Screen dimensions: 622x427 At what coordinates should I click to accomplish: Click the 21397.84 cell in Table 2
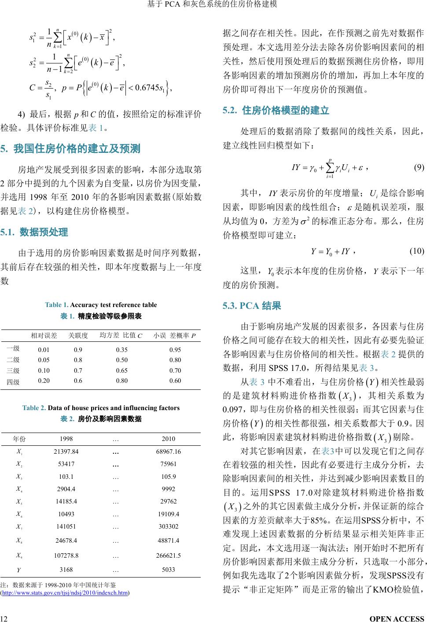tap(66, 452)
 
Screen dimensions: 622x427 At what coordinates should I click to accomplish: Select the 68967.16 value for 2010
tap(168, 452)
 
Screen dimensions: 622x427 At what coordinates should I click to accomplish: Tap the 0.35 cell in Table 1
tap(122, 350)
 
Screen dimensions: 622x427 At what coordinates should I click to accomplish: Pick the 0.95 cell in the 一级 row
tap(175, 350)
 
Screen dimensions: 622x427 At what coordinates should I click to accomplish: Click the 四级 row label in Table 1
tap(13, 381)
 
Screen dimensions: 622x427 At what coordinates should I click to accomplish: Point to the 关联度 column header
tap(78, 336)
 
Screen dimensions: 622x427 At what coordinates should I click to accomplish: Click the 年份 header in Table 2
tap(19, 439)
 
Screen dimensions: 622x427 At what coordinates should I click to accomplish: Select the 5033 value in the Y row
tap(168, 570)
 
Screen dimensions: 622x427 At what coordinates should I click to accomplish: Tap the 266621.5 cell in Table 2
tap(168, 555)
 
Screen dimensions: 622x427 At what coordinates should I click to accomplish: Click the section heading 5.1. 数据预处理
tap(34, 232)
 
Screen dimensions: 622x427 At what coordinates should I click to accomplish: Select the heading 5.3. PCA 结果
tap(252, 306)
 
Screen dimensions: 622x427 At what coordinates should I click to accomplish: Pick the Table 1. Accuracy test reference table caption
tap(101, 305)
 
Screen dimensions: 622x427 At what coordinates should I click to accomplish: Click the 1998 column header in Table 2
tap(66, 439)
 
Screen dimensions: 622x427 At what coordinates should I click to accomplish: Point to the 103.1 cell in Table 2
tap(66, 477)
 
